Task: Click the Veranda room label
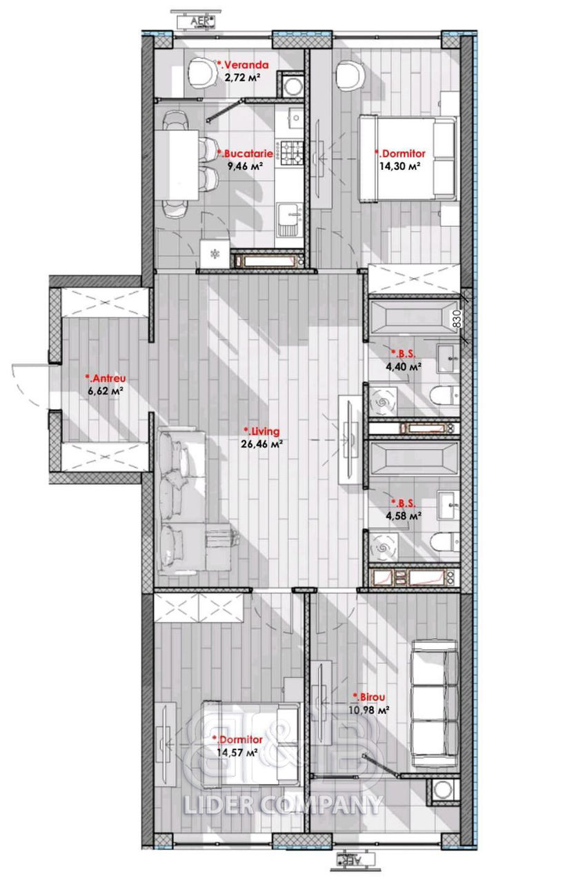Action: click(243, 65)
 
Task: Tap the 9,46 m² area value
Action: click(245, 166)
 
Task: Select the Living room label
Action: click(261, 431)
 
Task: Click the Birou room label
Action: click(368, 697)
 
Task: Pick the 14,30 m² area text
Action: click(399, 166)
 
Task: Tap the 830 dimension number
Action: click(457, 319)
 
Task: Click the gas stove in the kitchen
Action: click(291, 153)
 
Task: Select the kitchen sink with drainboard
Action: click(290, 219)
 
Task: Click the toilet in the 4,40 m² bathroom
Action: click(444, 395)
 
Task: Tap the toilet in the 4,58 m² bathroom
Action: click(444, 542)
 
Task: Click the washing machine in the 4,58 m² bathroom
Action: click(382, 548)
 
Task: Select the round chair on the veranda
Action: click(202, 73)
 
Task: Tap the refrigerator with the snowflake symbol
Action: click(215, 255)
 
